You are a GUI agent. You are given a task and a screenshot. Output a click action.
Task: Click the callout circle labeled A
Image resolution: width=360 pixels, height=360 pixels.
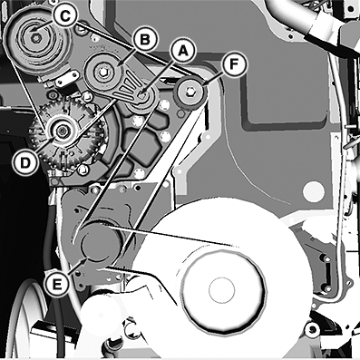click(182, 52)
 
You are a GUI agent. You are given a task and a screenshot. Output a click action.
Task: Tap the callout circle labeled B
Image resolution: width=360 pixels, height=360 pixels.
click(145, 40)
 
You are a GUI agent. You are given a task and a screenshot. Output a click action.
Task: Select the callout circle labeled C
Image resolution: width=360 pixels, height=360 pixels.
click(64, 16)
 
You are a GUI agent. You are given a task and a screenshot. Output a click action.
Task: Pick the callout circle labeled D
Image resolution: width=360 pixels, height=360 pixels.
click(25, 163)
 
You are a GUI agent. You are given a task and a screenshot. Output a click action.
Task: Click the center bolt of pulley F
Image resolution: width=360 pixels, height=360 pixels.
click(190, 91)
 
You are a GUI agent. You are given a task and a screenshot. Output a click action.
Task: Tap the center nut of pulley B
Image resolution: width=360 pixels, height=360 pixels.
click(102, 72)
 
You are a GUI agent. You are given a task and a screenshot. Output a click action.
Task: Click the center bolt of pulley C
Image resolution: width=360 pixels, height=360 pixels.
click(37, 38)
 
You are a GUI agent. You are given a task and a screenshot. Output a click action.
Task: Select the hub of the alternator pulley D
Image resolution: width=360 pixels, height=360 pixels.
click(63, 131)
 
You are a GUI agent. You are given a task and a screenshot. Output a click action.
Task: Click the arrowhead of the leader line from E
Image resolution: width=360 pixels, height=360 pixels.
click(85, 259)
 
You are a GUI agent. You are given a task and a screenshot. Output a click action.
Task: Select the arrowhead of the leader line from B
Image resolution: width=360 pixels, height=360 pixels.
click(119, 64)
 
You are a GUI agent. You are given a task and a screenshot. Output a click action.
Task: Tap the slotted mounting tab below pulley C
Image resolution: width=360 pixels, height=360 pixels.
click(65, 78)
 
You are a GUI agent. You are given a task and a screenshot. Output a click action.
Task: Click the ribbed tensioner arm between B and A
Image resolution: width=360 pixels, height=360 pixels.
click(126, 86)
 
